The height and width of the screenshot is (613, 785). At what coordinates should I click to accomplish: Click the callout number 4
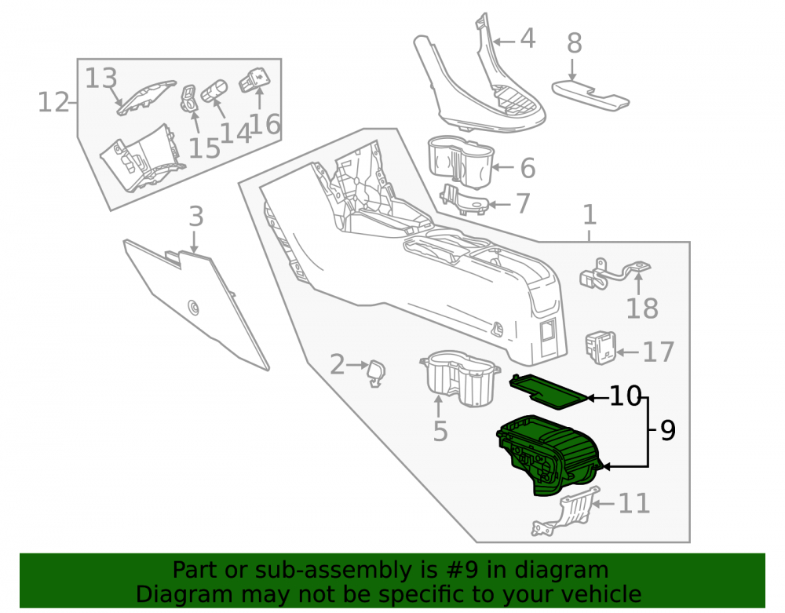(528, 39)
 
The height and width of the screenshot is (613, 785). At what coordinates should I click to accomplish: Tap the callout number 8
(575, 43)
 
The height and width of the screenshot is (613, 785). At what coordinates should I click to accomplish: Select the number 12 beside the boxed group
(53, 103)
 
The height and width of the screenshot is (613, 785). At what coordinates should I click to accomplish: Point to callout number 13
(101, 78)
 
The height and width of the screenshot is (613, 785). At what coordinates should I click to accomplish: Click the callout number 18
(642, 308)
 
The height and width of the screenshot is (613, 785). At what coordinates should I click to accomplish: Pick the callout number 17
(659, 352)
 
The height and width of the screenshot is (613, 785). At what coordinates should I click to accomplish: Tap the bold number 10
(626, 396)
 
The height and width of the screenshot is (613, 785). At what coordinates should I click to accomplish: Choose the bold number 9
(668, 430)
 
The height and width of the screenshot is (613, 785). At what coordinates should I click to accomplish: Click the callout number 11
(634, 503)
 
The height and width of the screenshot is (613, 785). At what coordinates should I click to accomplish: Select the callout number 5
(440, 432)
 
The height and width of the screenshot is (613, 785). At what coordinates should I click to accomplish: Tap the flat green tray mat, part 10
(548, 391)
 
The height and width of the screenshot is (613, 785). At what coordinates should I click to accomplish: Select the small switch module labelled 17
(601, 348)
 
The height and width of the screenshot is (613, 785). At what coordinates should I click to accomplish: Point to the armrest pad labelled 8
(591, 95)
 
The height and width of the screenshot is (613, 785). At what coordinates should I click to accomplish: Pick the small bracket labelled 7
(464, 199)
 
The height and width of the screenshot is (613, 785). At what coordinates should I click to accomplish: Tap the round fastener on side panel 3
(193, 307)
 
